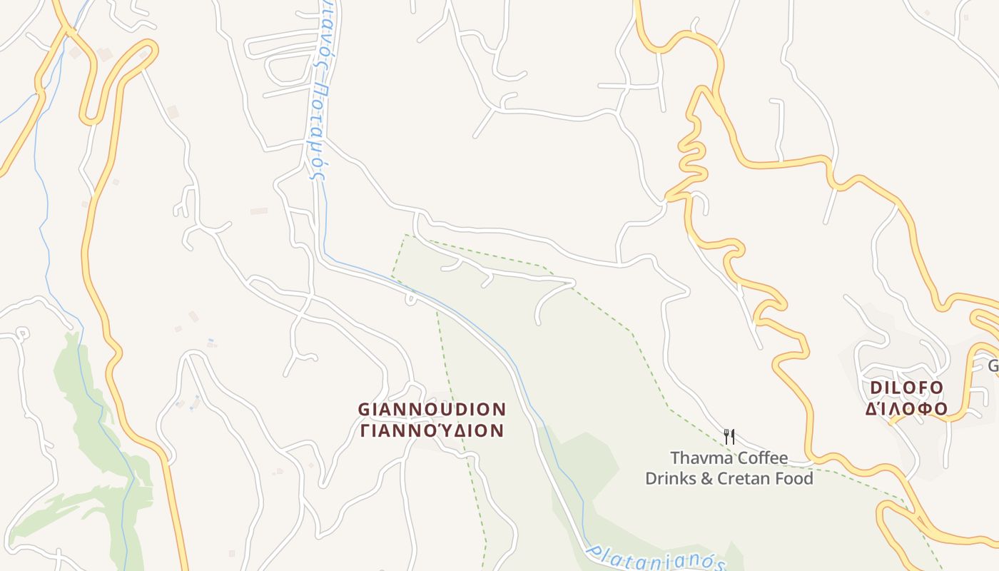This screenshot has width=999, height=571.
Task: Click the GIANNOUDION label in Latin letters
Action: click(x=432, y=410)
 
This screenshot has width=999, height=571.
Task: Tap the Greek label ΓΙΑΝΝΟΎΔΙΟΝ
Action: click(x=432, y=431)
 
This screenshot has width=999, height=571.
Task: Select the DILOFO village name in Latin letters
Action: click(x=906, y=388)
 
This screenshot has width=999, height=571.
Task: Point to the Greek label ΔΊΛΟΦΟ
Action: click(x=906, y=409)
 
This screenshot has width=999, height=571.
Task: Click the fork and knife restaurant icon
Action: click(x=729, y=436)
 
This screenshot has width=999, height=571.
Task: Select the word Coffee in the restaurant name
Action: click(x=763, y=458)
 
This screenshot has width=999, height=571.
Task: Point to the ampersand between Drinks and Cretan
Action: click(x=706, y=479)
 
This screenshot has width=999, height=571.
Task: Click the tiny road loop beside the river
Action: click(x=410, y=298)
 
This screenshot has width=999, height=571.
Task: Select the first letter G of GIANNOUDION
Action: click(x=364, y=410)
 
